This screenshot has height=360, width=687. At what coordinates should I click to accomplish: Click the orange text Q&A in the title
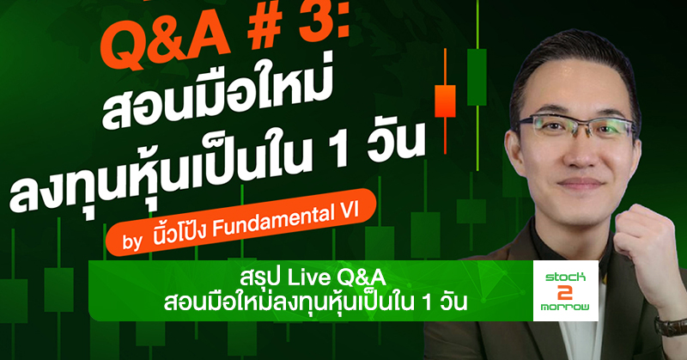[165, 42]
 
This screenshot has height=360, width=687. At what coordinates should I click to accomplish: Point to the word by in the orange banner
[133, 241]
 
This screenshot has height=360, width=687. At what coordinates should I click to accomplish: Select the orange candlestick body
[445, 101]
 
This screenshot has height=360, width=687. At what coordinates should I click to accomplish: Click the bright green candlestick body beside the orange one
[477, 77]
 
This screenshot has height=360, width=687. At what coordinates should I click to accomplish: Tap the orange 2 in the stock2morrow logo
[565, 291]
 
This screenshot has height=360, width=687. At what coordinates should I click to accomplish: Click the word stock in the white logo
[565, 277]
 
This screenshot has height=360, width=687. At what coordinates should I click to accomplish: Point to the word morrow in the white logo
[565, 307]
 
